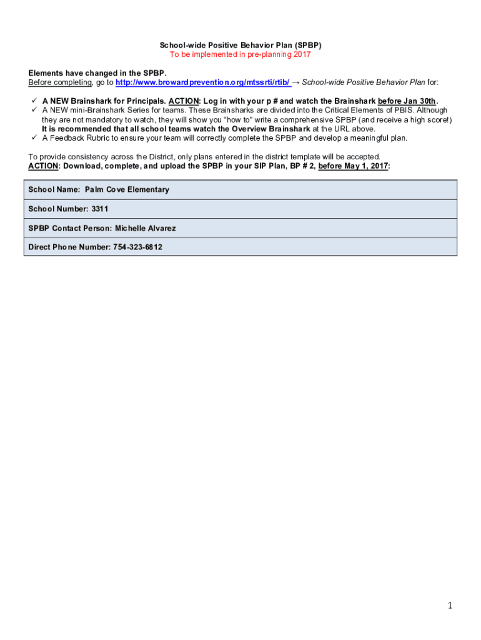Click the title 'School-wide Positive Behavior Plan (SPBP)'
pyautogui.click(x=241, y=46)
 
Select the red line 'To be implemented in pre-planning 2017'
pyautogui.click(x=241, y=54)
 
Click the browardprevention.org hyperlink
pyautogui.click(x=203, y=82)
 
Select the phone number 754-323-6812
pyautogui.click(x=137, y=247)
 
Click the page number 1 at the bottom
pyautogui.click(x=450, y=605)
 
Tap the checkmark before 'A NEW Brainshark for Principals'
pyautogui.click(x=32, y=101)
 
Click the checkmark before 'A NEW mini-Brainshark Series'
pyautogui.click(x=32, y=110)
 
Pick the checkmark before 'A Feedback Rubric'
pyautogui.click(x=32, y=138)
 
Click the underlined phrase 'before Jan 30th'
pyautogui.click(x=407, y=101)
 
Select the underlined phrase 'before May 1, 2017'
pyautogui.click(x=353, y=166)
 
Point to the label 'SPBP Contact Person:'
pyautogui.click(x=70, y=228)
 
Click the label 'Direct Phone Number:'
pyautogui.click(x=69, y=247)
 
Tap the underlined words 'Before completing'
pyautogui.click(x=61, y=82)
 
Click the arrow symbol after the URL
pyautogui.click(x=296, y=82)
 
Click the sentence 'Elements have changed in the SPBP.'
pyautogui.click(x=97, y=73)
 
